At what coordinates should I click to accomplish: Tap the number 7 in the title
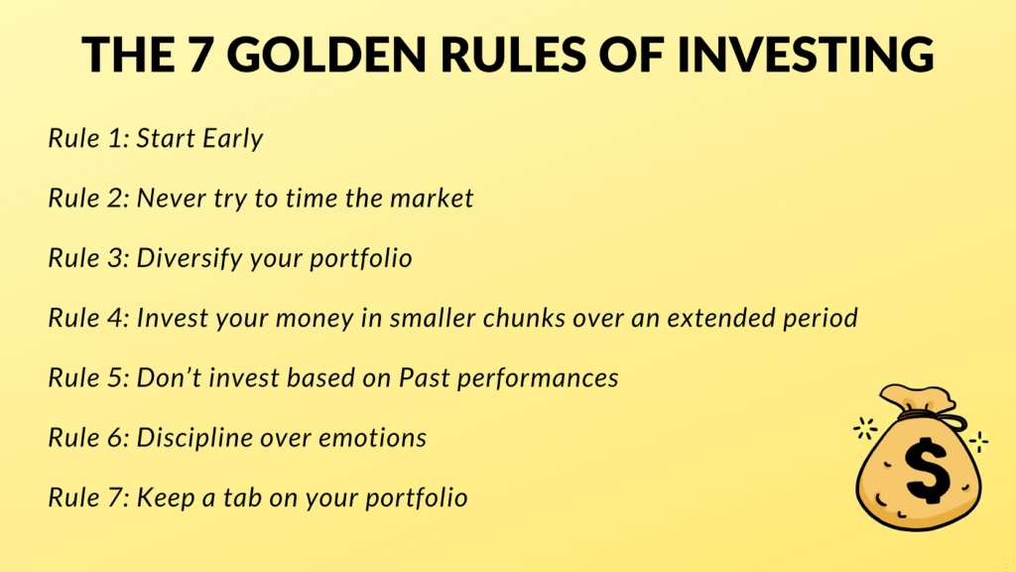pyautogui.click(x=201, y=54)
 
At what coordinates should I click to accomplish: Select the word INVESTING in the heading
pyautogui.click(x=806, y=54)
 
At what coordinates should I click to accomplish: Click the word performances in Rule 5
pyautogui.click(x=538, y=378)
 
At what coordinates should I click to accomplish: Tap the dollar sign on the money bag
pyautogui.click(x=928, y=470)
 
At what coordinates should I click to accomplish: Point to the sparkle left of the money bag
pyautogui.click(x=865, y=429)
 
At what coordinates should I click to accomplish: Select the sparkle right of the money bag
pyautogui.click(x=978, y=442)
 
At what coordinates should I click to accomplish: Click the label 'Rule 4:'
pyautogui.click(x=89, y=318)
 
